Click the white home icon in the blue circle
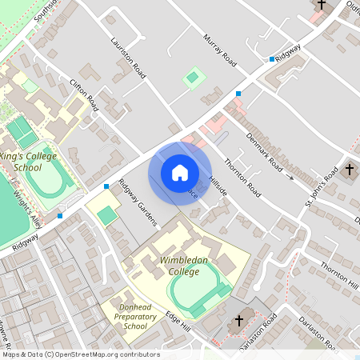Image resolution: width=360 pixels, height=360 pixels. tap(180, 173)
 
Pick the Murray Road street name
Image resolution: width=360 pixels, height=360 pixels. tap(220, 50)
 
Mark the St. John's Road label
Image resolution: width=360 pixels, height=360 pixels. tap(320, 189)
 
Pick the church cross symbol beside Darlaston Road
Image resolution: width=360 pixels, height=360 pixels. tap(238, 322)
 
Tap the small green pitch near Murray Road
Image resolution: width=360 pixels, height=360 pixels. tap(192, 78)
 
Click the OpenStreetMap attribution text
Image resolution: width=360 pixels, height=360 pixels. tap(80, 354)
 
